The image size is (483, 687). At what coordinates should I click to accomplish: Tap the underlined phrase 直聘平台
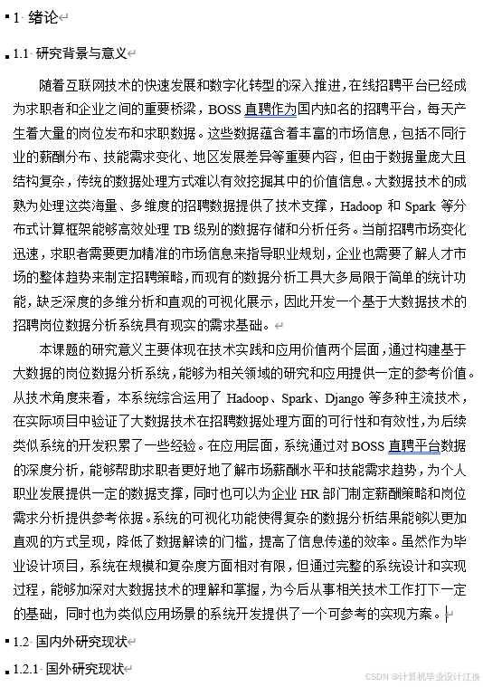[413, 445]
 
